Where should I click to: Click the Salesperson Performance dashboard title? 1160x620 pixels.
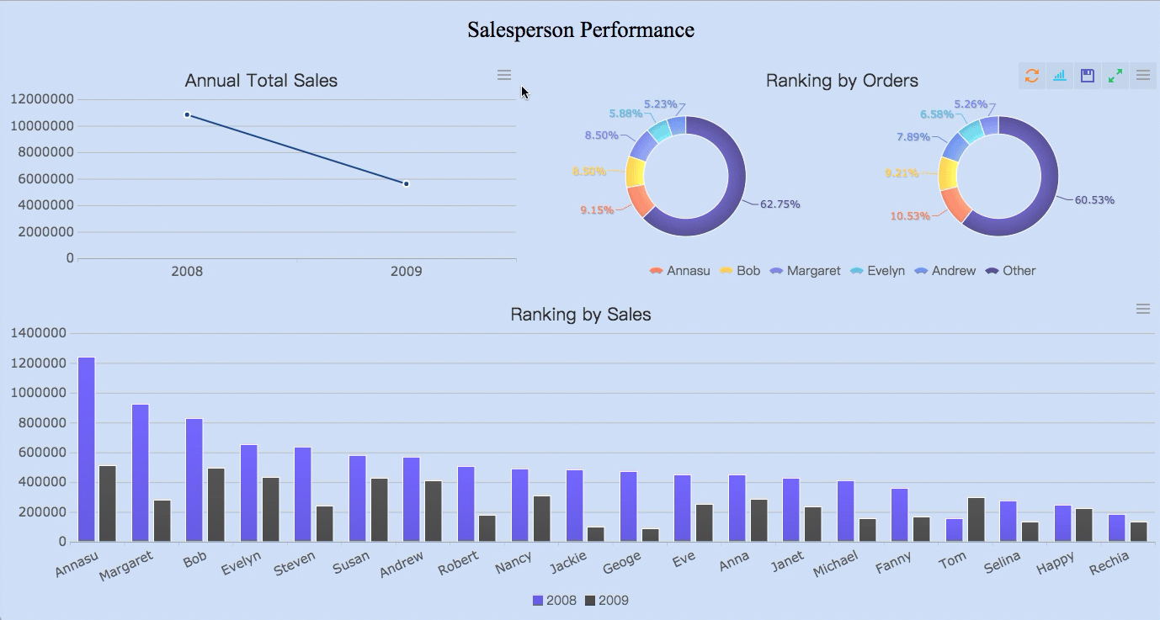580,30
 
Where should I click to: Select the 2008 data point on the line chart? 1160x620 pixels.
187,114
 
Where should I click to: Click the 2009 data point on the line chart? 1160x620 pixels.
406,183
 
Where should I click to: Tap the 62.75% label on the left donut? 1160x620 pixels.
780,204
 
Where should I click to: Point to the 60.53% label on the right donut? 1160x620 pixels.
1094,200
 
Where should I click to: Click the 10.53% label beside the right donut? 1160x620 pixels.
910,216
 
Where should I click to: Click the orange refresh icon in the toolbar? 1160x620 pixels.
1032,76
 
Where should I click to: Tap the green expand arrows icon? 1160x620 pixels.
1115,76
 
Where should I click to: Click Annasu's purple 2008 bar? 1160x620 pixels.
87,449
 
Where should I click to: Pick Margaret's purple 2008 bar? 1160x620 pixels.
141,473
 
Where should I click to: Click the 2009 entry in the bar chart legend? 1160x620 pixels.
606,601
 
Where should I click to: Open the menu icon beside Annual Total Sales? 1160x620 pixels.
504,76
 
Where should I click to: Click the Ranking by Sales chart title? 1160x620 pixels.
580,315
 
